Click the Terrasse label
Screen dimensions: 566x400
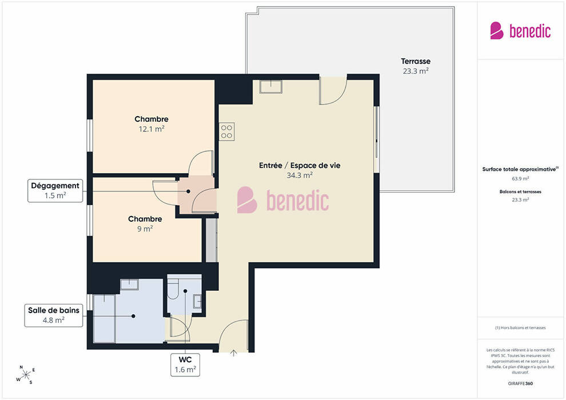pos(416,61)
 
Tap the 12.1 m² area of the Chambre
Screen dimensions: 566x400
pos(152,129)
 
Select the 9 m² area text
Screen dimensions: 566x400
pos(145,229)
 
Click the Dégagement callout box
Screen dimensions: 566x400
pos(55,190)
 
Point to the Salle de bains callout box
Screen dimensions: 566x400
pos(53,315)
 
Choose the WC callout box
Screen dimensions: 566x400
pos(185,365)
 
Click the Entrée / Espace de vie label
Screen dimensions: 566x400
pos(300,166)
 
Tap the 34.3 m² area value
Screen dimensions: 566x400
pos(300,175)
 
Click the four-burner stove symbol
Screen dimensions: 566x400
pos(227,131)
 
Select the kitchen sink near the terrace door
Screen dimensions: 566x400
pos(271,86)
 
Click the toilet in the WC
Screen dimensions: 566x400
pos(173,290)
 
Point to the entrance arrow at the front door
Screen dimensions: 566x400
pos(234,353)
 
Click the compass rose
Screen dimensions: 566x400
pos(26,375)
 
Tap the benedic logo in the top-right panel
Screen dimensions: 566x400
pos(520,31)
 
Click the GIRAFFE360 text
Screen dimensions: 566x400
pos(520,383)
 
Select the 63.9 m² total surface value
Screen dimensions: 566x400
pos(520,178)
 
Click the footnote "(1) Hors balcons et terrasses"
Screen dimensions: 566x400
pos(520,328)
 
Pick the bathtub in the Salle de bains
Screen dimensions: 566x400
pos(104,318)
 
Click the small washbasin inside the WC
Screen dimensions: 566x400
pos(197,301)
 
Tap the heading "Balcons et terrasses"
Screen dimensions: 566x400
pos(520,191)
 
